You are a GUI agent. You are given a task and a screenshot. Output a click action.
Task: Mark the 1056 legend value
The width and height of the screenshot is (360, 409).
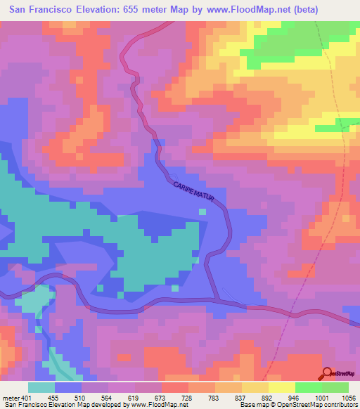tap(349, 397)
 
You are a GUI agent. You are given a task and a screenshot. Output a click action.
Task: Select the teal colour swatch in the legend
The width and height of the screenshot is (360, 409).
tap(41, 387)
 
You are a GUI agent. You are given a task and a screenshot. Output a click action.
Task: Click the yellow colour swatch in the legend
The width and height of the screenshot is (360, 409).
tap(281, 387)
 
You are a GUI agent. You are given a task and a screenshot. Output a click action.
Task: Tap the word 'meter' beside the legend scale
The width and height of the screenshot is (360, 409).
tap(8, 397)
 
